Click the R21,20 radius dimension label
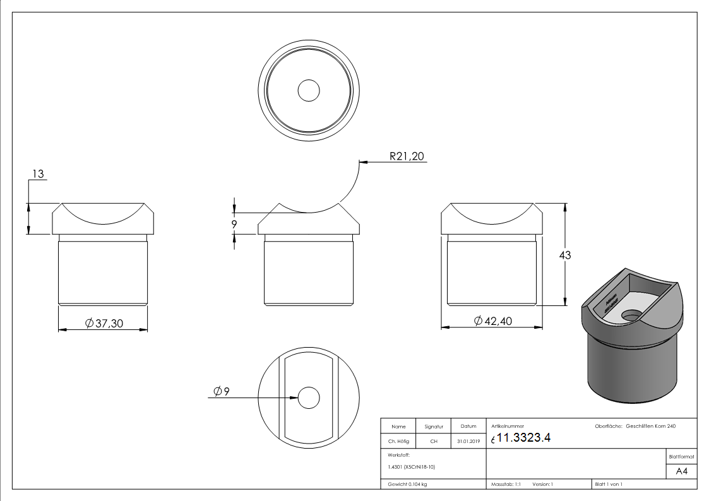(407, 156)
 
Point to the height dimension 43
(564, 255)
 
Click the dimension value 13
(39, 174)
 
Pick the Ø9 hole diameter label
(222, 392)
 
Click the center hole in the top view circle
(309, 91)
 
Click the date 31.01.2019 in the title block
(468, 442)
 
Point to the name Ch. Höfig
(398, 442)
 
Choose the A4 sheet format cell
(681, 471)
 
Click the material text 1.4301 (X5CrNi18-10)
(412, 467)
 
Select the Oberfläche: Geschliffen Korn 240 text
(635, 427)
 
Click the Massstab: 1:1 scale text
(506, 485)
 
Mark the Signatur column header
(434, 427)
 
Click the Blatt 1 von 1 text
(609, 485)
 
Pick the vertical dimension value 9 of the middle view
(234, 225)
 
